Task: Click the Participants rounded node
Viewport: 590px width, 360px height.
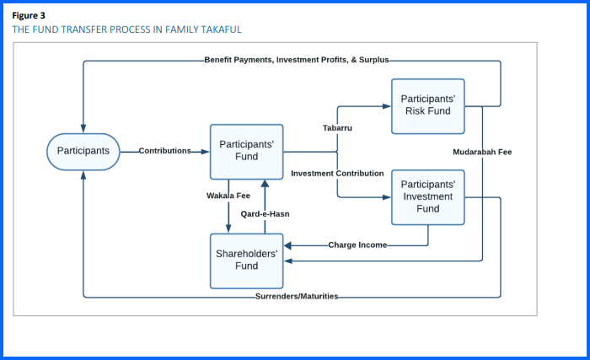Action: [83, 152]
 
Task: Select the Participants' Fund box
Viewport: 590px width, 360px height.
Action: [246, 151]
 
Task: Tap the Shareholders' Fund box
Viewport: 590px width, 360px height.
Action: [246, 261]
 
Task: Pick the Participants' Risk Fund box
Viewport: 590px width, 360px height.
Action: [427, 105]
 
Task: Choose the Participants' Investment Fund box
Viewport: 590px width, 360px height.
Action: [427, 196]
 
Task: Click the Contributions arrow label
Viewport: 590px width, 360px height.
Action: [165, 152]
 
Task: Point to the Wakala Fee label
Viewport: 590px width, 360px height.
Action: [228, 196]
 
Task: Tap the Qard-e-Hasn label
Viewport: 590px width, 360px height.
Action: [265, 214]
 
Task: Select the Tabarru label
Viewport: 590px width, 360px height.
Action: [337, 128]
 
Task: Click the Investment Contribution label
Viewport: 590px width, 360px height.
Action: [337, 174]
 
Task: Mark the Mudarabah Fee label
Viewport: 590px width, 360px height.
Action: [482, 152]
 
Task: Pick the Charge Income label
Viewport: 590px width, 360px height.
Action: [358, 245]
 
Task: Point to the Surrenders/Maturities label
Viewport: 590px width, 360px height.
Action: [297, 297]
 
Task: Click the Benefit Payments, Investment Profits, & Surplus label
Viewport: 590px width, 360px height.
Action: [297, 61]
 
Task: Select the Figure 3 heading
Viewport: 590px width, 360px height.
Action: [29, 15]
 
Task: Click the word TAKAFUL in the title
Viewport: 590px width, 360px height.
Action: [219, 30]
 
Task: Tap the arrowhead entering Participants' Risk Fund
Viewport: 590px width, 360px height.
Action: [387, 105]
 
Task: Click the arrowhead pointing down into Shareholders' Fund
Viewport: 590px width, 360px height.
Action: [228, 228]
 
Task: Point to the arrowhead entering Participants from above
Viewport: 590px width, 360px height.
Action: [83, 128]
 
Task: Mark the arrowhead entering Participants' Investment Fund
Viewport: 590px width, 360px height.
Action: [387, 196]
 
